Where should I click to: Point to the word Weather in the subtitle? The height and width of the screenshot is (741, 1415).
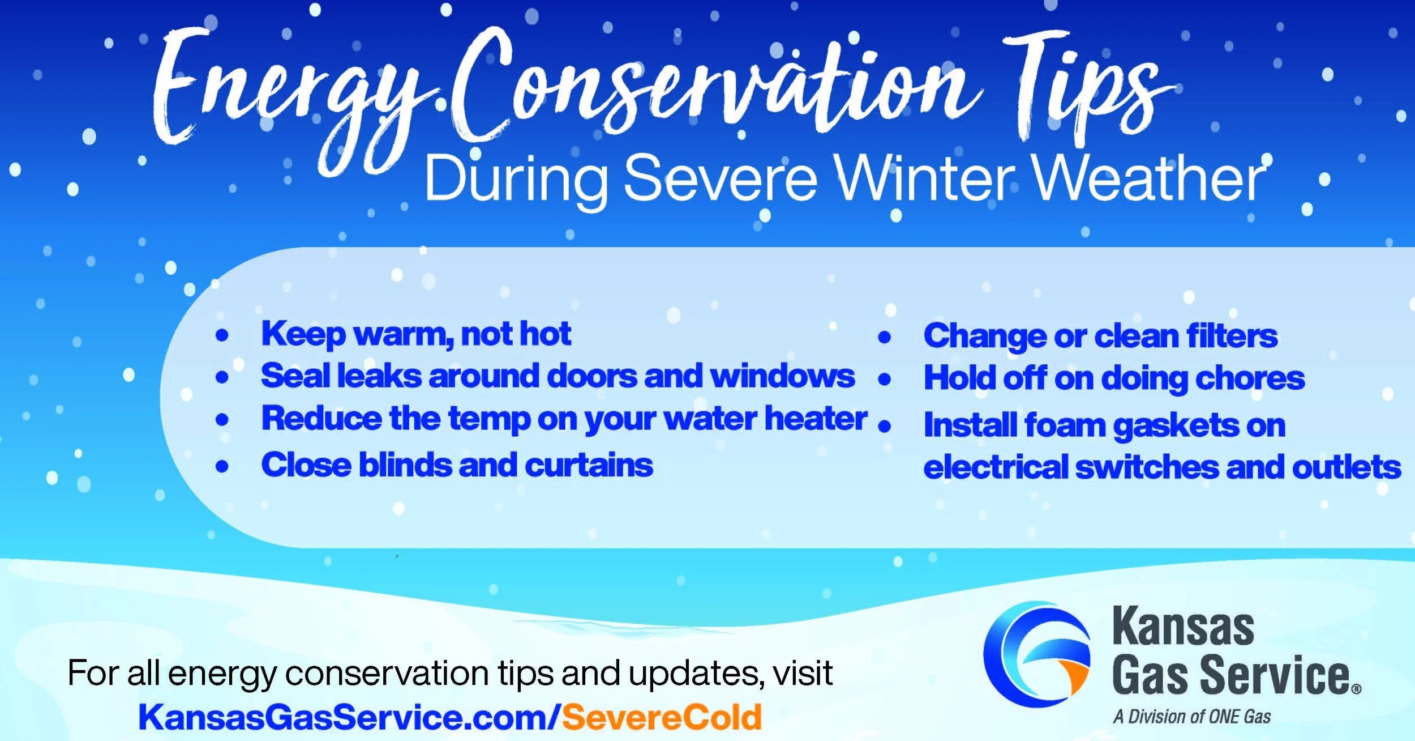(1149, 178)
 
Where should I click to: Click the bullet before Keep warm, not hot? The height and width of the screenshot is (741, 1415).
(222, 335)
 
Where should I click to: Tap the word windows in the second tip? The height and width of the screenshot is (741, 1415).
(782, 376)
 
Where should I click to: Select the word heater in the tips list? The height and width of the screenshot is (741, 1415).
(816, 419)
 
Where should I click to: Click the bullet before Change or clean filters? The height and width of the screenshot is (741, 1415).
(885, 338)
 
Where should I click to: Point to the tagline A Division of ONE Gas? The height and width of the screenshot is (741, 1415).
(1192, 717)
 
